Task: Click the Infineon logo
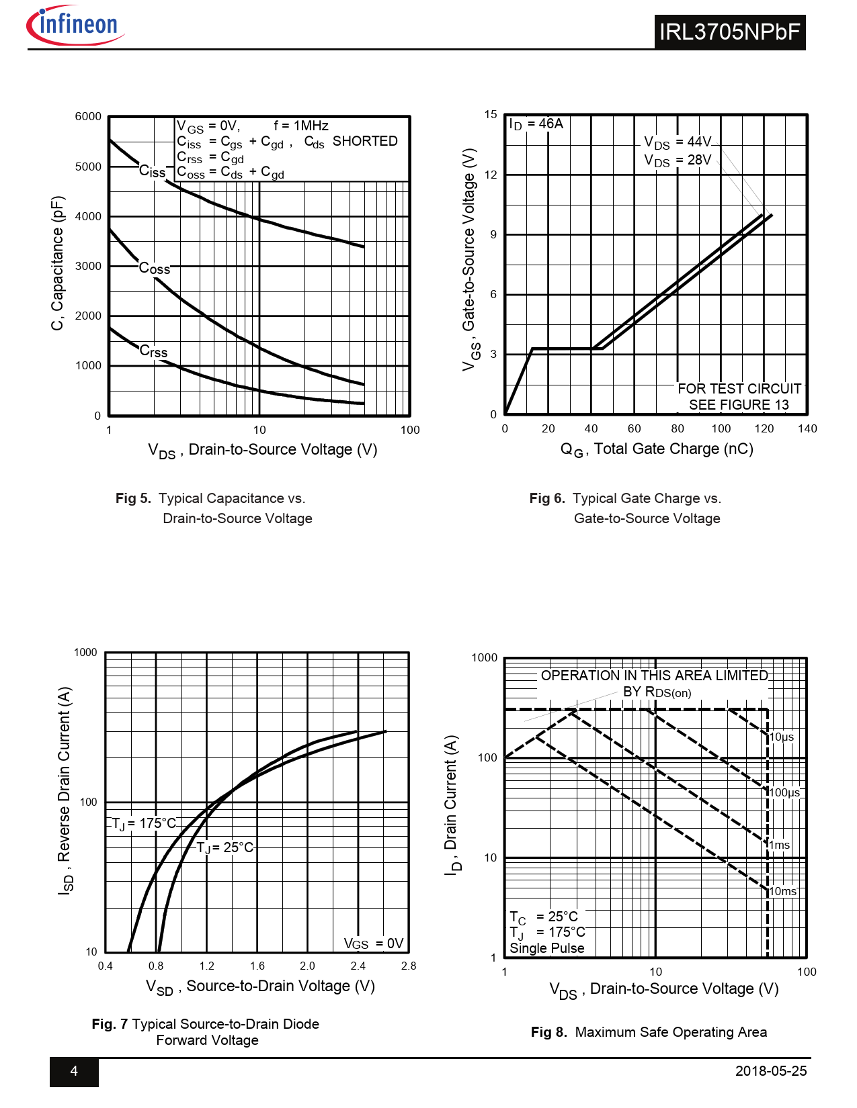(75, 26)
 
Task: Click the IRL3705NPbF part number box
(729, 32)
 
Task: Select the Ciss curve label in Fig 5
(152, 172)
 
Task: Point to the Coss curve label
(155, 269)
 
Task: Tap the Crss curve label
(153, 351)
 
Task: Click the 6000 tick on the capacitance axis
(88, 117)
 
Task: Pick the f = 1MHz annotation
(301, 126)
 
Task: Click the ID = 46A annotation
(536, 124)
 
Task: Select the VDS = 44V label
(677, 142)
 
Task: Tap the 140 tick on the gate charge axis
(807, 429)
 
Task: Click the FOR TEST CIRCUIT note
(739, 389)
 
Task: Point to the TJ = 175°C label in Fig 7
(144, 824)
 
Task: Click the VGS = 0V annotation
(374, 944)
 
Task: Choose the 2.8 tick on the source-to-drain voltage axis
(409, 966)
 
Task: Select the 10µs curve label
(782, 737)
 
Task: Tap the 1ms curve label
(780, 845)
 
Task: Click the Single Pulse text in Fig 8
(547, 948)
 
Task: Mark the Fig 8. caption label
(548, 1032)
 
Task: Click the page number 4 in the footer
(74, 1071)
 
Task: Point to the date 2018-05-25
(771, 1071)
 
